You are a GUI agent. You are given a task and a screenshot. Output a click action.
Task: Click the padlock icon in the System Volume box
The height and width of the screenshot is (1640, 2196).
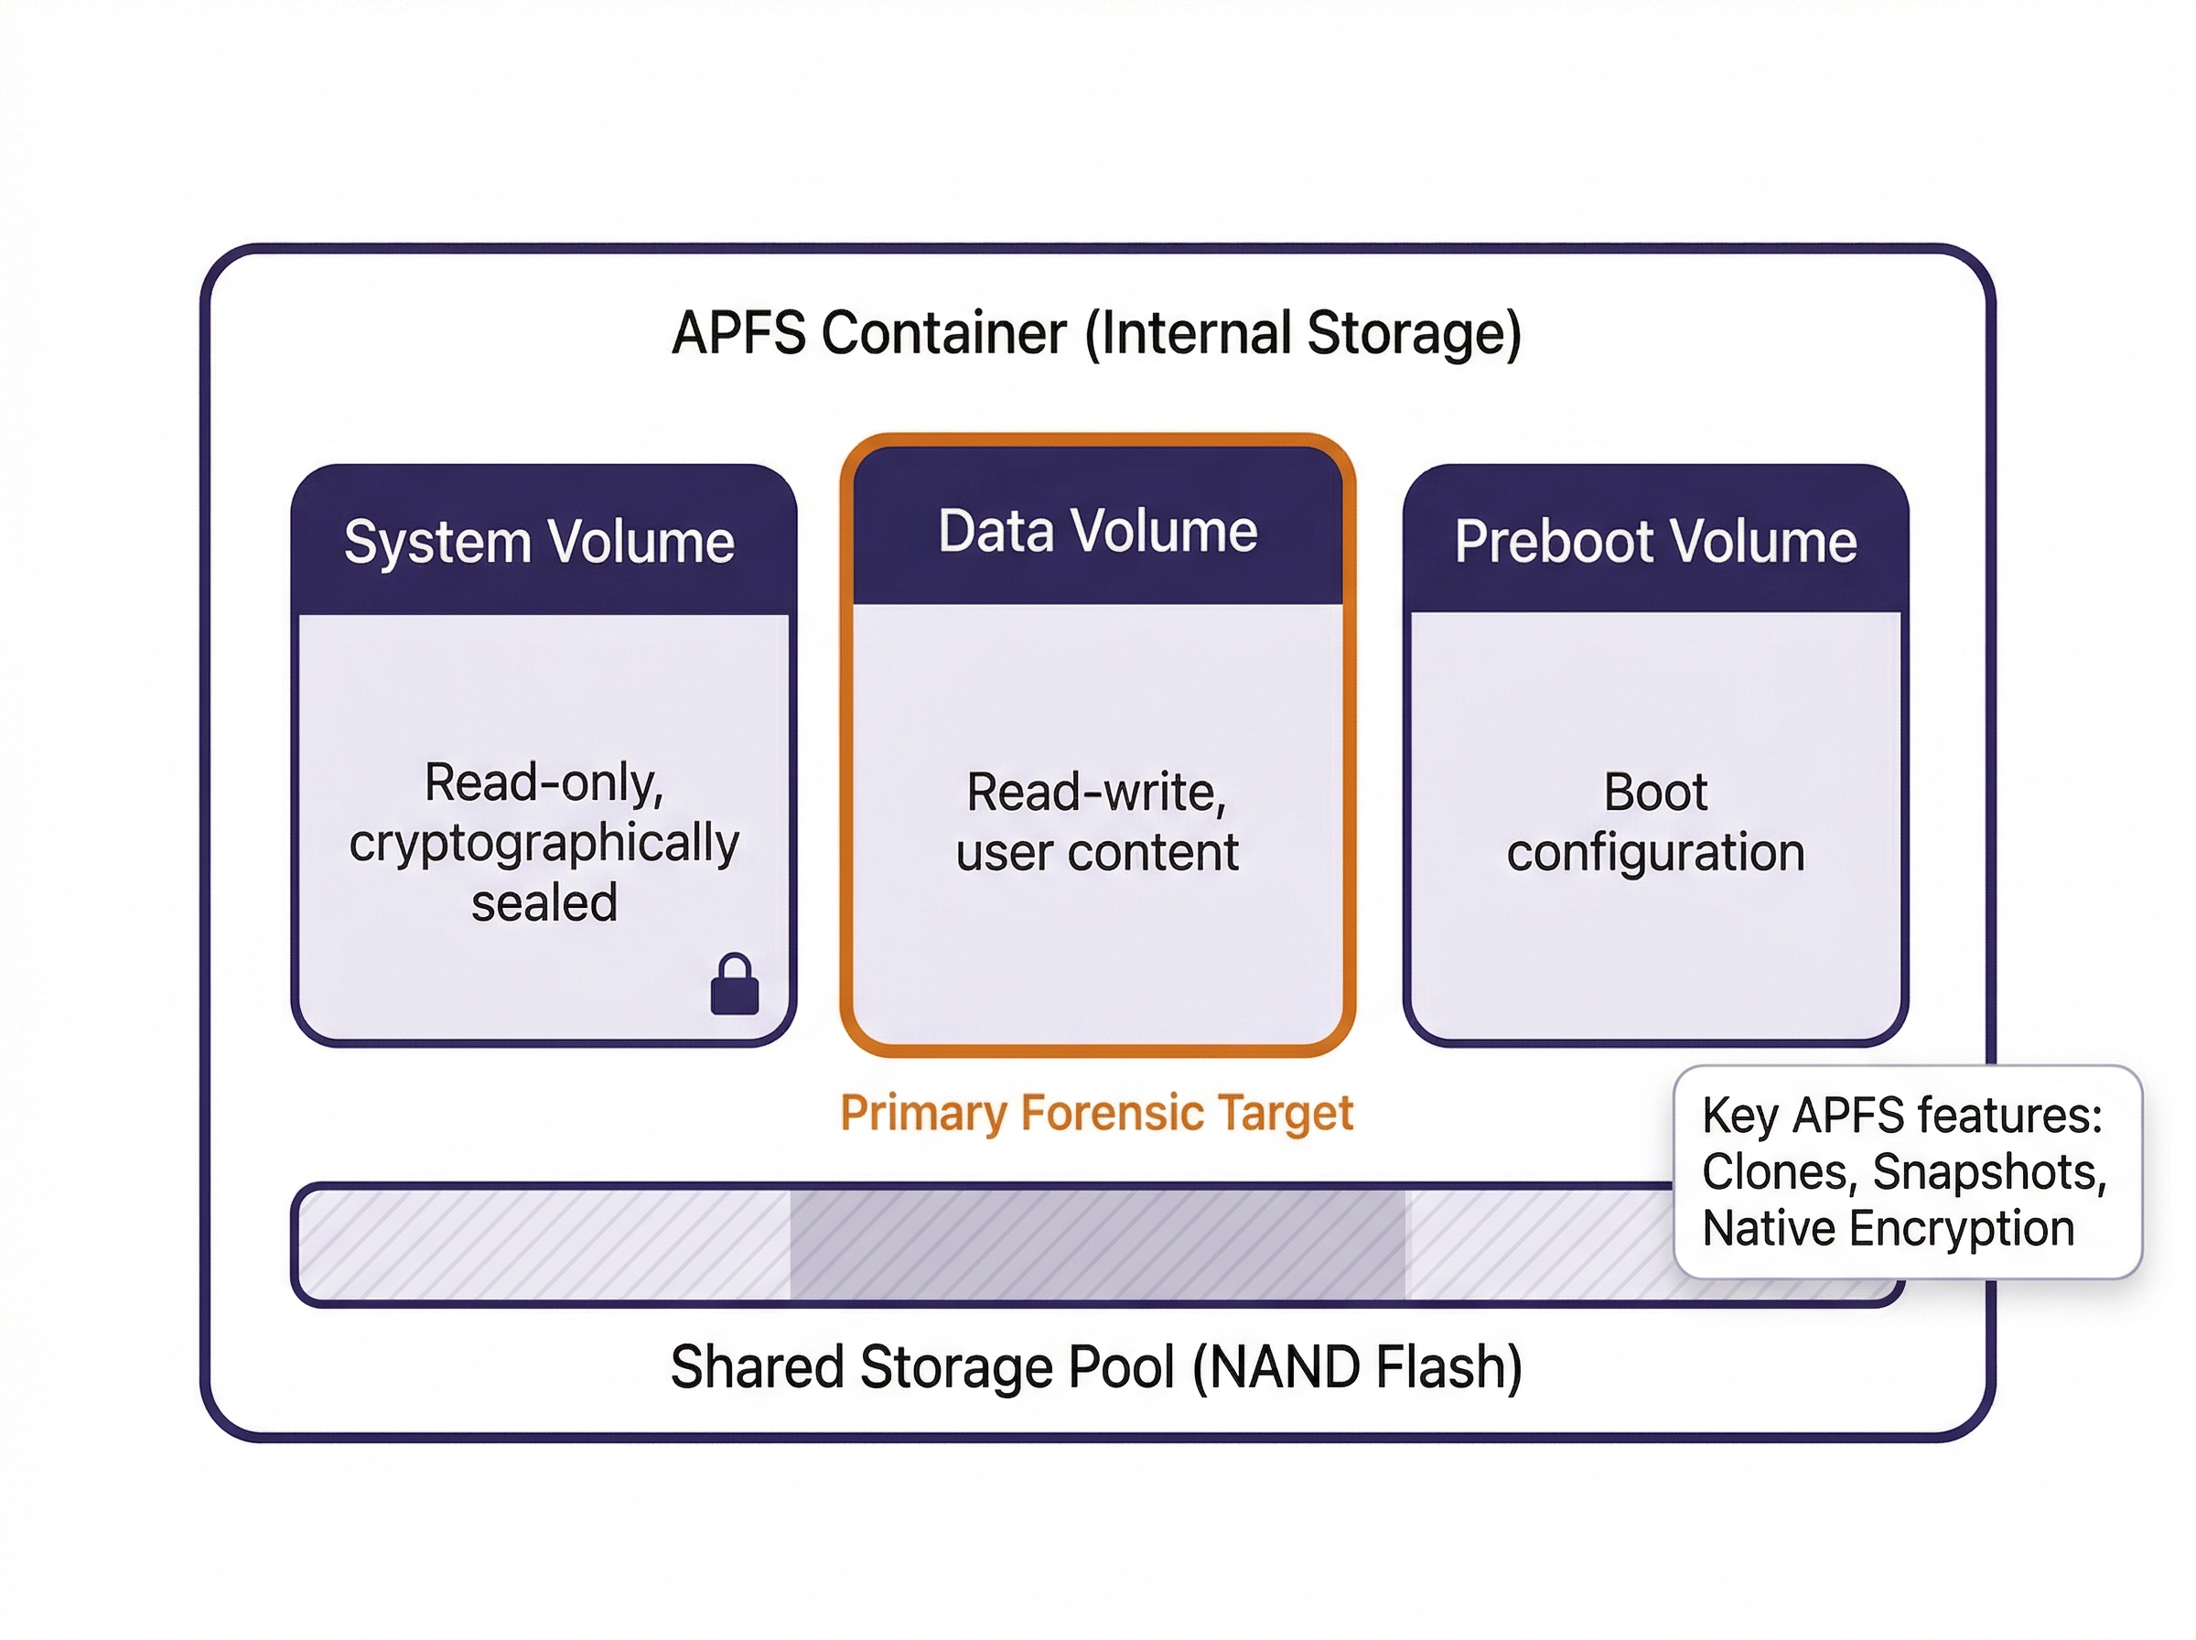735,986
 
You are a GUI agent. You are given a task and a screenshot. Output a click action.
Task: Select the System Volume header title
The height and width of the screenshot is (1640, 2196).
539,542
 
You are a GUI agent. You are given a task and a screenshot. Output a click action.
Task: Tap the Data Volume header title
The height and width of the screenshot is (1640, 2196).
1097,531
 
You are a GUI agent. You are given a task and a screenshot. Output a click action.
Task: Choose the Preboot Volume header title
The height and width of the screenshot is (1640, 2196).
1655,542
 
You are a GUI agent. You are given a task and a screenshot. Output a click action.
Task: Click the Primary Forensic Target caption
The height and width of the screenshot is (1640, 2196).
1096,1113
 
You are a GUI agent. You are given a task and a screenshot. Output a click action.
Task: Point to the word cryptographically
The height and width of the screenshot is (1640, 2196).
544,844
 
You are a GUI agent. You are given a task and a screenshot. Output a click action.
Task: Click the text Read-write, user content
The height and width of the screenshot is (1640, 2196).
1096,822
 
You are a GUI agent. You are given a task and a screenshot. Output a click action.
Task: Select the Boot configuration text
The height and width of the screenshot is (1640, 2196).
1655,822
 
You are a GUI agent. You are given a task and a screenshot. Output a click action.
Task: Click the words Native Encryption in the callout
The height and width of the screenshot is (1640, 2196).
1888,1229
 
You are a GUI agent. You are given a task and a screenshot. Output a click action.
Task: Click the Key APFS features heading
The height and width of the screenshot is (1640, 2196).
1901,1116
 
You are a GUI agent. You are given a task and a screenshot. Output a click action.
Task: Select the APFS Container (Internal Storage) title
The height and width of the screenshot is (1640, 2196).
1096,332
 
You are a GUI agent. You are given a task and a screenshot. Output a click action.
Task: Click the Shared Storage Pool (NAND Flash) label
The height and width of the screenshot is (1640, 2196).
1096,1367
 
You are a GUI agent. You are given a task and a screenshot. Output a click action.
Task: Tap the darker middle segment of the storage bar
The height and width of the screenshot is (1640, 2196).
1096,1245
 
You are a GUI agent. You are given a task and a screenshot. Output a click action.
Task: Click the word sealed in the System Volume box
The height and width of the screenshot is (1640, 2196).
544,903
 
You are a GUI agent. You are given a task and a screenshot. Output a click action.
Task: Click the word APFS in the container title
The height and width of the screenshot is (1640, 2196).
738,332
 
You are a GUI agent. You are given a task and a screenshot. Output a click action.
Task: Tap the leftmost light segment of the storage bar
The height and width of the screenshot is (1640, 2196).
544,1245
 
